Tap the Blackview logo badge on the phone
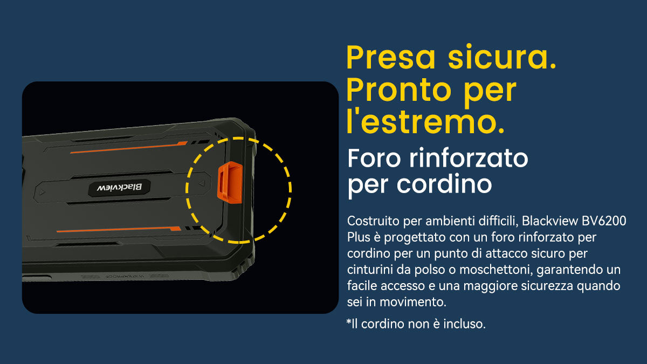click(119, 188)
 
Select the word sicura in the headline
click(502, 57)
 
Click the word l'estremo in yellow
click(425, 122)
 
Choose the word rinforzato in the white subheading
click(469, 158)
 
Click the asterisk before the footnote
click(349, 321)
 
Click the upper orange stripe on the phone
click(129, 147)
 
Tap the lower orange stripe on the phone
click(119, 229)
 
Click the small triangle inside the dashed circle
click(202, 183)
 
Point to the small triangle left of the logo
click(43, 192)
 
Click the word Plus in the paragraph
click(359, 237)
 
